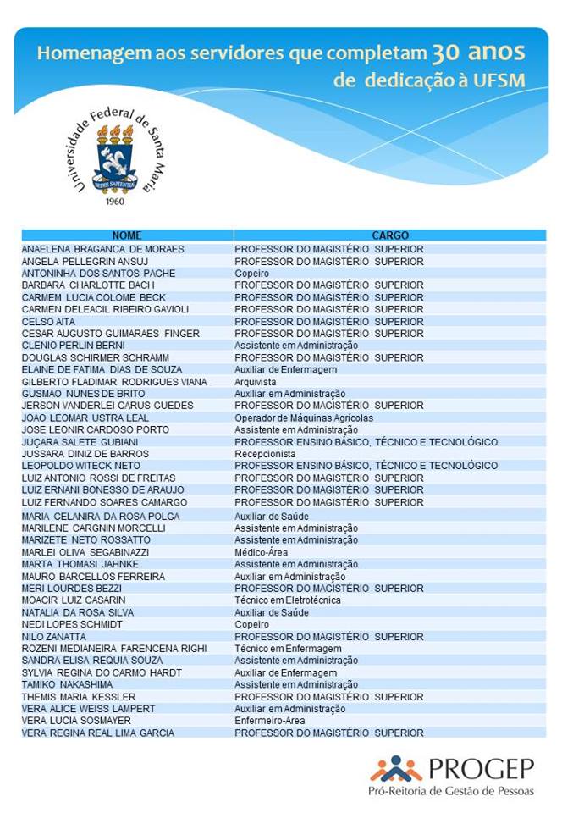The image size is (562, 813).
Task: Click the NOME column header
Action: (x=127, y=235)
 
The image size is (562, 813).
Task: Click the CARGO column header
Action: (x=390, y=235)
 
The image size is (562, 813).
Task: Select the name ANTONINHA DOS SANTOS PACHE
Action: (x=98, y=274)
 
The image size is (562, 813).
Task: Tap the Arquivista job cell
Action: (x=256, y=382)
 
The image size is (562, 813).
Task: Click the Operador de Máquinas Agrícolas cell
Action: (x=304, y=418)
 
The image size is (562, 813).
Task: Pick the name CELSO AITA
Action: (x=48, y=322)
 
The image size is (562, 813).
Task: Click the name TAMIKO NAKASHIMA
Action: (x=67, y=684)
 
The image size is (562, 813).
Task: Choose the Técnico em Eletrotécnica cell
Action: (x=288, y=600)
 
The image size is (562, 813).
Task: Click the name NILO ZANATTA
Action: (x=54, y=637)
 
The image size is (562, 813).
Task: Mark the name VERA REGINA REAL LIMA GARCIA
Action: (x=98, y=733)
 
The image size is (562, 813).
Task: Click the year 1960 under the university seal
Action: (x=114, y=202)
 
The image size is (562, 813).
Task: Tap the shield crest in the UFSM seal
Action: (x=114, y=161)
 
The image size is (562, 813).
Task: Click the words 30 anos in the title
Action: (x=478, y=53)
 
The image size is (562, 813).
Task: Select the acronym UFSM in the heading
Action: (x=499, y=81)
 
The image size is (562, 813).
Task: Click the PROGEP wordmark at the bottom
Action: (x=481, y=768)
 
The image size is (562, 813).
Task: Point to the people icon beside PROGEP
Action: (x=395, y=769)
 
